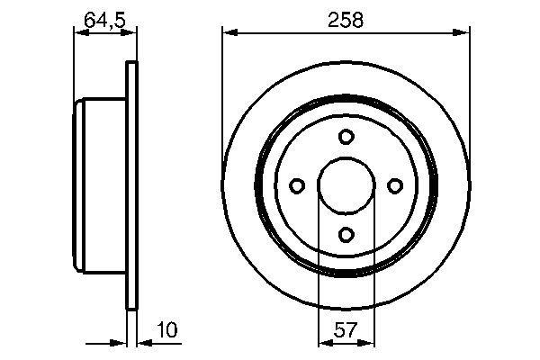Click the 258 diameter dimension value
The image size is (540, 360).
[346, 20]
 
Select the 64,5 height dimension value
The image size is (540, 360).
[104, 20]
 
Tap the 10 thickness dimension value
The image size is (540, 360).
[167, 329]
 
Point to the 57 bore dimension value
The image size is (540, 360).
[346, 330]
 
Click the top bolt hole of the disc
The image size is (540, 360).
[346, 137]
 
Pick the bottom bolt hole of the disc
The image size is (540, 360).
[346, 235]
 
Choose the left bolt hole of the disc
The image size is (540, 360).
[297, 185]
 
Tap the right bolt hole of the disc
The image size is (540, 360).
[395, 185]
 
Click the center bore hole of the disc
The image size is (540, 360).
[346, 185]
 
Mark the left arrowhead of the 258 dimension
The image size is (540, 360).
[229, 32]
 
